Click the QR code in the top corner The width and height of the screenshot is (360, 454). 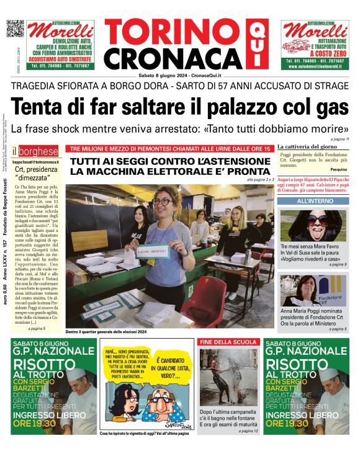pos(15,29)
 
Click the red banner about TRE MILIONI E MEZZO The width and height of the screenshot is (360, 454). pos(169,149)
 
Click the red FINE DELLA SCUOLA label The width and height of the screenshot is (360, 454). pos(228,342)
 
